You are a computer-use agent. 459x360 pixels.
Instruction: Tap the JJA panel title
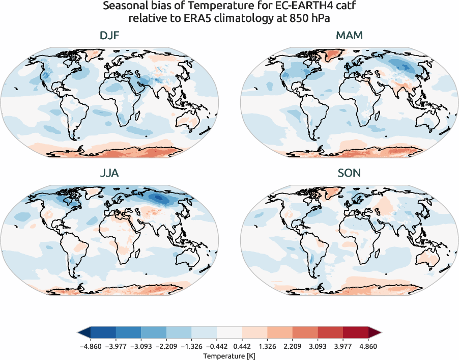(x=110, y=173)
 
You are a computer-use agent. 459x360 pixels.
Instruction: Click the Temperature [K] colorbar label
(x=229, y=355)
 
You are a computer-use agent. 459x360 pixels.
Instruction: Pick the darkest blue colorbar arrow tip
(x=81, y=333)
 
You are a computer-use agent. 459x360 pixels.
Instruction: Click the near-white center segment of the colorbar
(x=230, y=333)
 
